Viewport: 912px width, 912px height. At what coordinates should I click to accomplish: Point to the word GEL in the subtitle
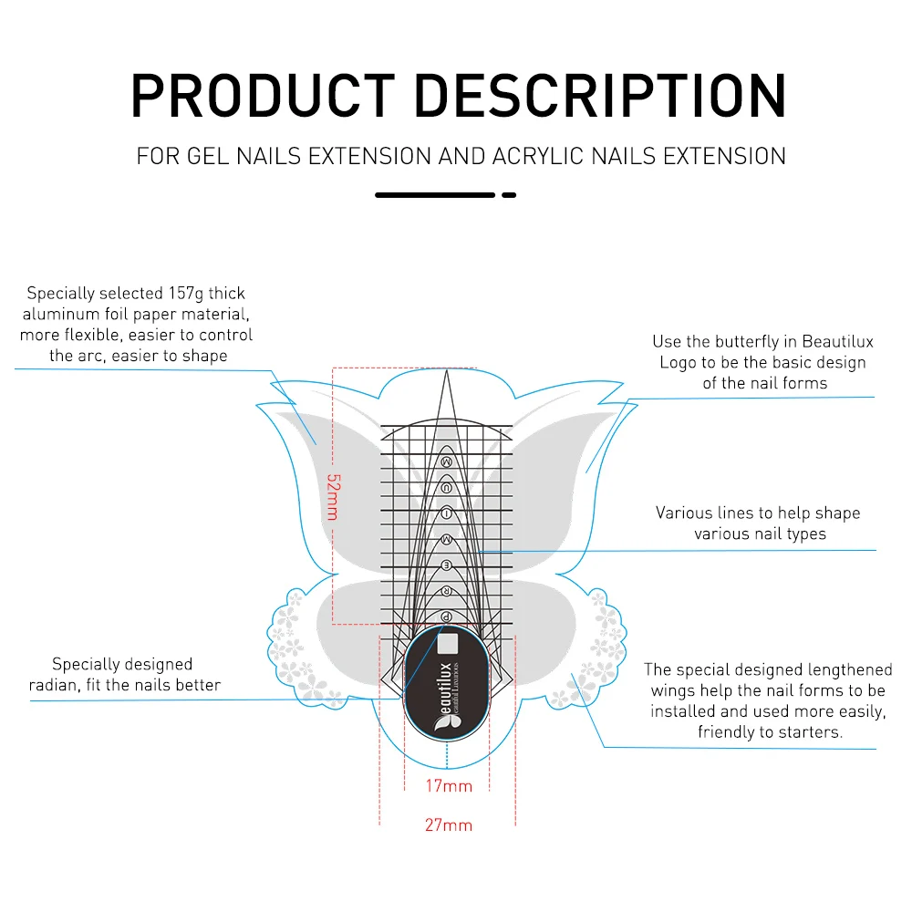click(209, 156)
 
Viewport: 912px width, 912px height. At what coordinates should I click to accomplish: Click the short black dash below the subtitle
click(509, 195)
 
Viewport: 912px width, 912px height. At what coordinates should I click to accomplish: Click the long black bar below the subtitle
click(435, 195)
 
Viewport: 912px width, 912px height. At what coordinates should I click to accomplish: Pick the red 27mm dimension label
click(449, 825)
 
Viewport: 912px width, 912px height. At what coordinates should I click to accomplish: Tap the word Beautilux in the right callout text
click(837, 342)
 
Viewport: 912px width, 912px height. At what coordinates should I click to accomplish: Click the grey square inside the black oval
click(446, 645)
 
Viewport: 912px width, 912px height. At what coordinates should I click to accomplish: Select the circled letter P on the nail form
click(447, 617)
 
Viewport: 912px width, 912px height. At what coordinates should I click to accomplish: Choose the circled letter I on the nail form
click(447, 513)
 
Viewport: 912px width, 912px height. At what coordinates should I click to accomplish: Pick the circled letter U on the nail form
click(447, 488)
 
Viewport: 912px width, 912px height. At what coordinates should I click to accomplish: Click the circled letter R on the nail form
click(447, 592)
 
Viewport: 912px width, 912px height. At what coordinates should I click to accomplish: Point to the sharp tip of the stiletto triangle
click(447, 371)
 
